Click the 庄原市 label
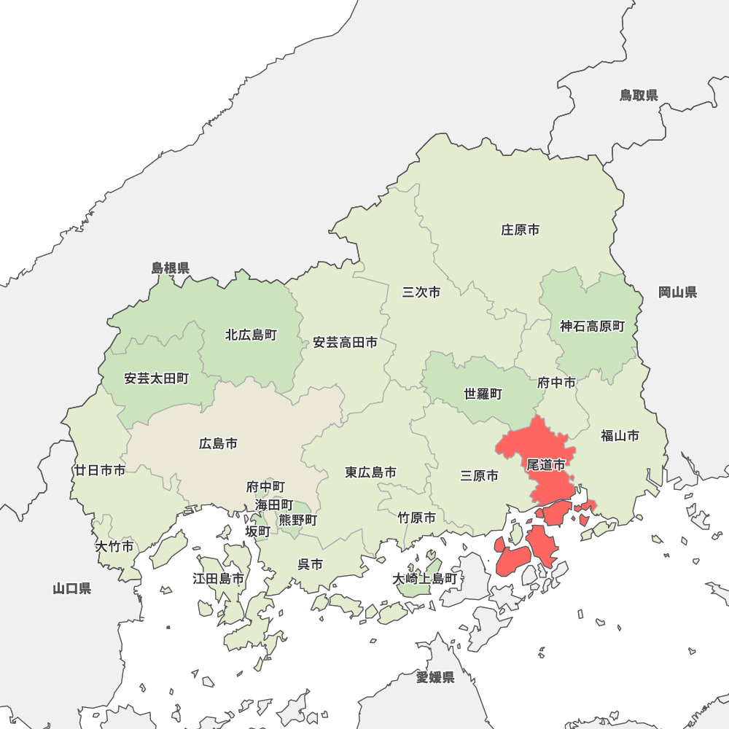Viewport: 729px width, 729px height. coord(521,230)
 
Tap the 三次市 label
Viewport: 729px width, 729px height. coord(421,292)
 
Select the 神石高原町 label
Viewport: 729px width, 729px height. coord(593,327)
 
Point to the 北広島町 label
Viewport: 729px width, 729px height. coord(251,335)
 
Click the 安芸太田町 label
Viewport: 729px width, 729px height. coord(157,378)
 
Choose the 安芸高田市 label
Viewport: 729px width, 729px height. coord(346,342)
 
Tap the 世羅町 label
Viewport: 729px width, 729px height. coord(483,394)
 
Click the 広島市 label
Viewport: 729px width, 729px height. coord(218,443)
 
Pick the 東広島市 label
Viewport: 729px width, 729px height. coord(371,472)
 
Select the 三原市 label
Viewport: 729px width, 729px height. coord(480,476)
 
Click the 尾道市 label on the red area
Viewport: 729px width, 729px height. coord(546,464)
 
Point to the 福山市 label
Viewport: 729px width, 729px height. coord(620,436)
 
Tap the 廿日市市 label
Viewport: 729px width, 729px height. coord(100,470)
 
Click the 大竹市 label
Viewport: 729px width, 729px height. coord(114,546)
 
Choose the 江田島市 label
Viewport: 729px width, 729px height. coord(218,579)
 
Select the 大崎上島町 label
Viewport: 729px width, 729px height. coord(424,579)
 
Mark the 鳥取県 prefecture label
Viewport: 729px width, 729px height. coord(639,95)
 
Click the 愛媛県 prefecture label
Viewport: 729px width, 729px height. coord(435,678)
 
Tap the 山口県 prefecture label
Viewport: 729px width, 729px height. coord(72,588)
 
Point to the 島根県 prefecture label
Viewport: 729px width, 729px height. coord(171,268)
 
